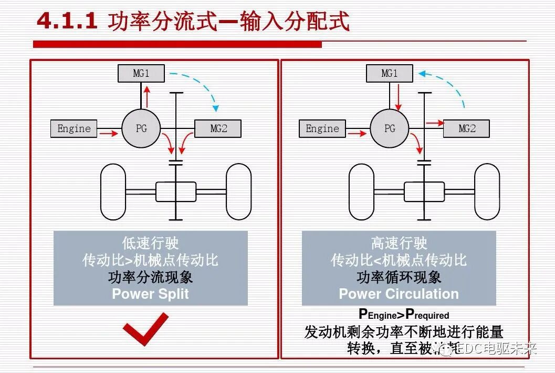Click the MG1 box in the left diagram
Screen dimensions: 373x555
[141, 74]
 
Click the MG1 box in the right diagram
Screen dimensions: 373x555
[389, 74]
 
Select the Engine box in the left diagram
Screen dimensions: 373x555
[74, 129]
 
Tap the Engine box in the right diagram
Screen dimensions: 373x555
[322, 129]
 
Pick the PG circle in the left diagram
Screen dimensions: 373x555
[141, 128]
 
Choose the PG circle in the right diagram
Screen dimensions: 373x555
[390, 128]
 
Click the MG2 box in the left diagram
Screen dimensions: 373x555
[218, 129]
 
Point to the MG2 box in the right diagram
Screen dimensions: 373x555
[466, 129]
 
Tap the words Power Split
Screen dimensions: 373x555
[150, 294]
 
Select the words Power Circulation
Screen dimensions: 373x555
[399, 294]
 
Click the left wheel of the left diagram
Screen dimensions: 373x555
[113, 192]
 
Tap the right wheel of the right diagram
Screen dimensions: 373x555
[487, 192]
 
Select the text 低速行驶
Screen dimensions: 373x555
[151, 243]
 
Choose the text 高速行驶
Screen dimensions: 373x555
[399, 243]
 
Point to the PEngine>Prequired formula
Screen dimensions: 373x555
[404, 314]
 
